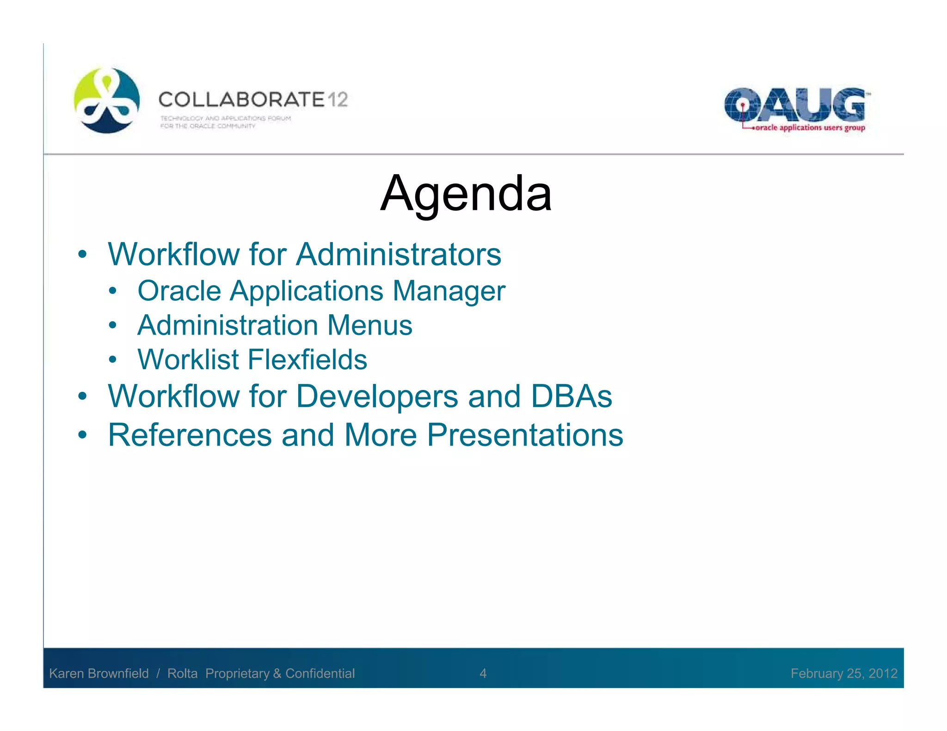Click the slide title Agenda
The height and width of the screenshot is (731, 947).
coord(466,194)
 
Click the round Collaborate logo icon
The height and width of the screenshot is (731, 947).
coord(107,100)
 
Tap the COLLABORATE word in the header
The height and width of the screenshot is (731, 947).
coord(242,100)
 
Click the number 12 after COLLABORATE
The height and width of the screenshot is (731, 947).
coord(338,100)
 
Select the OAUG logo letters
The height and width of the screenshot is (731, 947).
coord(794,105)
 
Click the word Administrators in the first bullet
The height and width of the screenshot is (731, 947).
coord(399,255)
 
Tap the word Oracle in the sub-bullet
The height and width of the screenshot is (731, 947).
coord(179,291)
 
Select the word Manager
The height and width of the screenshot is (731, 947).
coord(449,291)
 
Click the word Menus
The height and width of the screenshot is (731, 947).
coord(369,325)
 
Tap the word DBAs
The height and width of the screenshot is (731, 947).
coord(572,396)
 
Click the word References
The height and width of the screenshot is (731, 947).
coord(190,435)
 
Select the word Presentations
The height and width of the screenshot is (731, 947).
coord(525,435)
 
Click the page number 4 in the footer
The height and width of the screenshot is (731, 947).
coord(483,673)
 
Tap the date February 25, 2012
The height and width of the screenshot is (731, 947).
coord(844,673)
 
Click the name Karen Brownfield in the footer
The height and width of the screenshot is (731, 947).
coord(99,673)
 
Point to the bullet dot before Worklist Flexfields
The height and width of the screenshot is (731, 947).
coord(112,360)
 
